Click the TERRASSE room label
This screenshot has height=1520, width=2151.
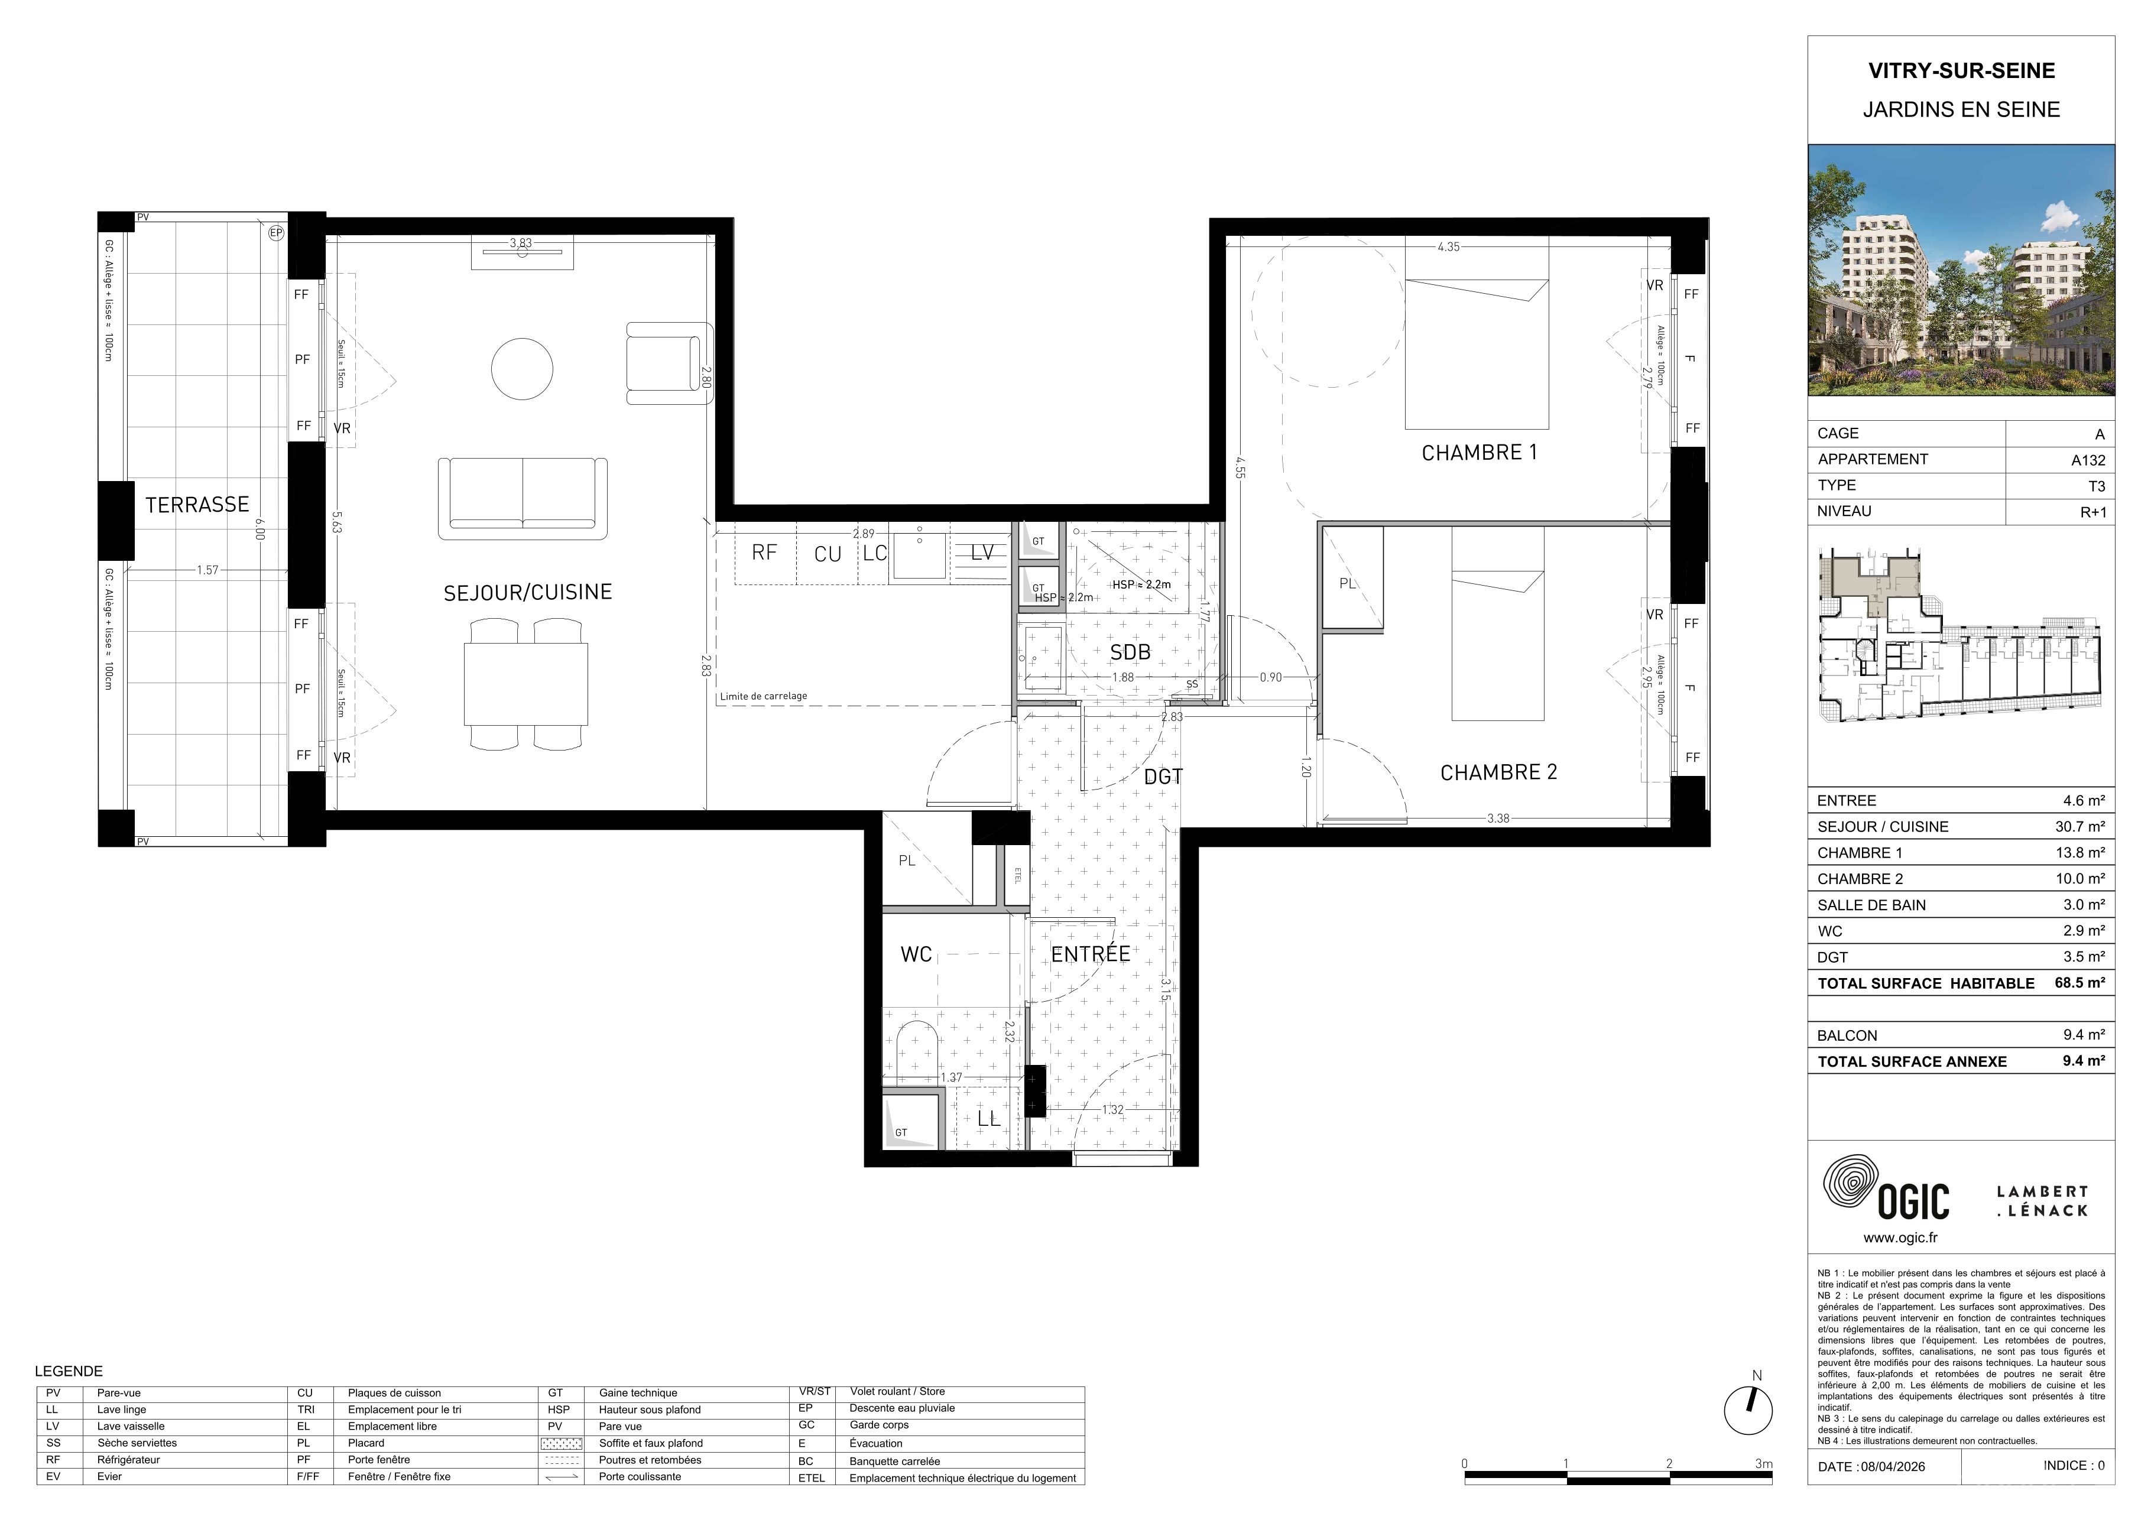click(197, 505)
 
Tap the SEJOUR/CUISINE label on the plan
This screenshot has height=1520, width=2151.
click(527, 592)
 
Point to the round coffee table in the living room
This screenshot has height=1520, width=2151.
click(523, 369)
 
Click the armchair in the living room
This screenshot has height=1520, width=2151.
click(669, 363)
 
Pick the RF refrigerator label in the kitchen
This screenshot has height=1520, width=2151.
click(764, 553)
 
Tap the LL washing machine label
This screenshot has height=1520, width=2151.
click(988, 1118)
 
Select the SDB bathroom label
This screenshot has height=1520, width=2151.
click(1130, 652)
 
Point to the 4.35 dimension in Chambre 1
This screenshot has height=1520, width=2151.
click(1448, 247)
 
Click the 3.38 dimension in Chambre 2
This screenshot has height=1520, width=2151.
click(1498, 819)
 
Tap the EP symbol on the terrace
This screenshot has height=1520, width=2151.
click(275, 233)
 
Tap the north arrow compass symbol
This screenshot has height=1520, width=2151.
click(1748, 1411)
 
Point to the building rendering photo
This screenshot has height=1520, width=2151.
click(1961, 269)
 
